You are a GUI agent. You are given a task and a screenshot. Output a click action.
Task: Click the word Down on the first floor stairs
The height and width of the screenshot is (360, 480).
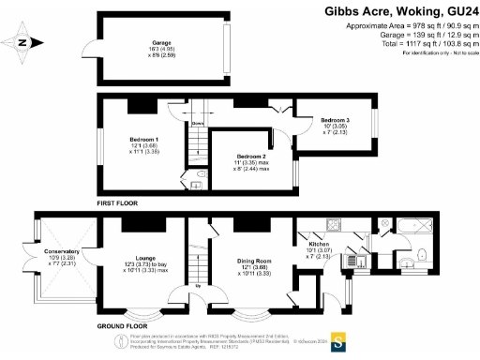197,123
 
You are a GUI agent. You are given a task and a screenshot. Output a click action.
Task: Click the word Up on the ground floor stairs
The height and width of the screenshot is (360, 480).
198,287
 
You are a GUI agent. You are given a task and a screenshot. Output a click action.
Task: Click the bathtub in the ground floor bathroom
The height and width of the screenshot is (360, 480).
413,226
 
